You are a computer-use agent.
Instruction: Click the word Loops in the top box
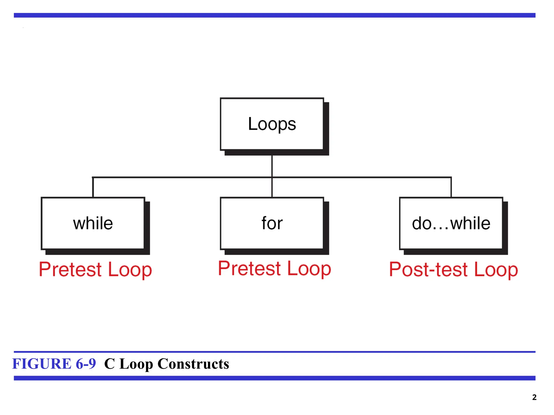(x=272, y=124)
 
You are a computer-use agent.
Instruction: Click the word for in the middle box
(x=272, y=223)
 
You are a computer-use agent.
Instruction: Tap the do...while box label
(x=451, y=223)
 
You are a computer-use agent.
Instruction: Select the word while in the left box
(x=93, y=223)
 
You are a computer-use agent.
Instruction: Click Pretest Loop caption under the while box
(x=95, y=269)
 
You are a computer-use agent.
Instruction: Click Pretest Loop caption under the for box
(x=274, y=269)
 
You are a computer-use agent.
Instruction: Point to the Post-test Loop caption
(x=453, y=269)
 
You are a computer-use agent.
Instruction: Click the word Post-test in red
(x=428, y=269)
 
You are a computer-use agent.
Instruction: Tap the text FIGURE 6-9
(x=54, y=364)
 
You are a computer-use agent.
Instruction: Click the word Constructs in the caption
(x=193, y=364)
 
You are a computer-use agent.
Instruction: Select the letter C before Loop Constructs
(x=110, y=364)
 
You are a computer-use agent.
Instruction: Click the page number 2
(x=534, y=397)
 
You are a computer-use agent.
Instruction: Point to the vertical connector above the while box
(x=93, y=187)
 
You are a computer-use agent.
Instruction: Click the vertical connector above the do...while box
(x=451, y=187)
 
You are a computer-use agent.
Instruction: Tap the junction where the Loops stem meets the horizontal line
(x=272, y=178)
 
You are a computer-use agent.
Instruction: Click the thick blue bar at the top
(x=274, y=15)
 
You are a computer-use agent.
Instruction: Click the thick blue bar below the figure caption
(x=274, y=378)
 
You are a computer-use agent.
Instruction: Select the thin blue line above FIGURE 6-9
(x=274, y=352)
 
